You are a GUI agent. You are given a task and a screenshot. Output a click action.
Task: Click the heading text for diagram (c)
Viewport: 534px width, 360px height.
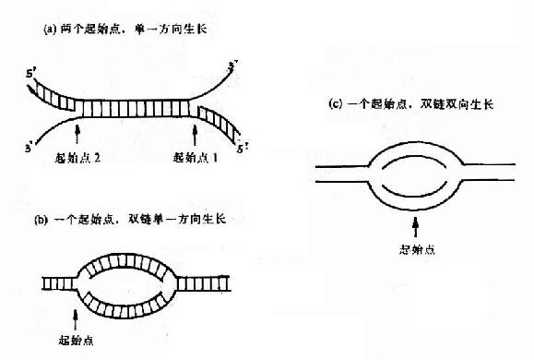click(411, 104)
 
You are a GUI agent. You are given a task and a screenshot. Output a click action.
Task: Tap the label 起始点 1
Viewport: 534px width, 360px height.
click(195, 158)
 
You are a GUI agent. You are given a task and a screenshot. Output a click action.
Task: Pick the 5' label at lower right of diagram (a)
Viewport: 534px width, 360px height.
click(242, 146)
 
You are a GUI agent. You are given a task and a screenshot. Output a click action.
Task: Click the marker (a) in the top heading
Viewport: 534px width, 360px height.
click(51, 30)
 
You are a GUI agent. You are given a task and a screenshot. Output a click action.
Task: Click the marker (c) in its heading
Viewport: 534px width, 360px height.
click(335, 104)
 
